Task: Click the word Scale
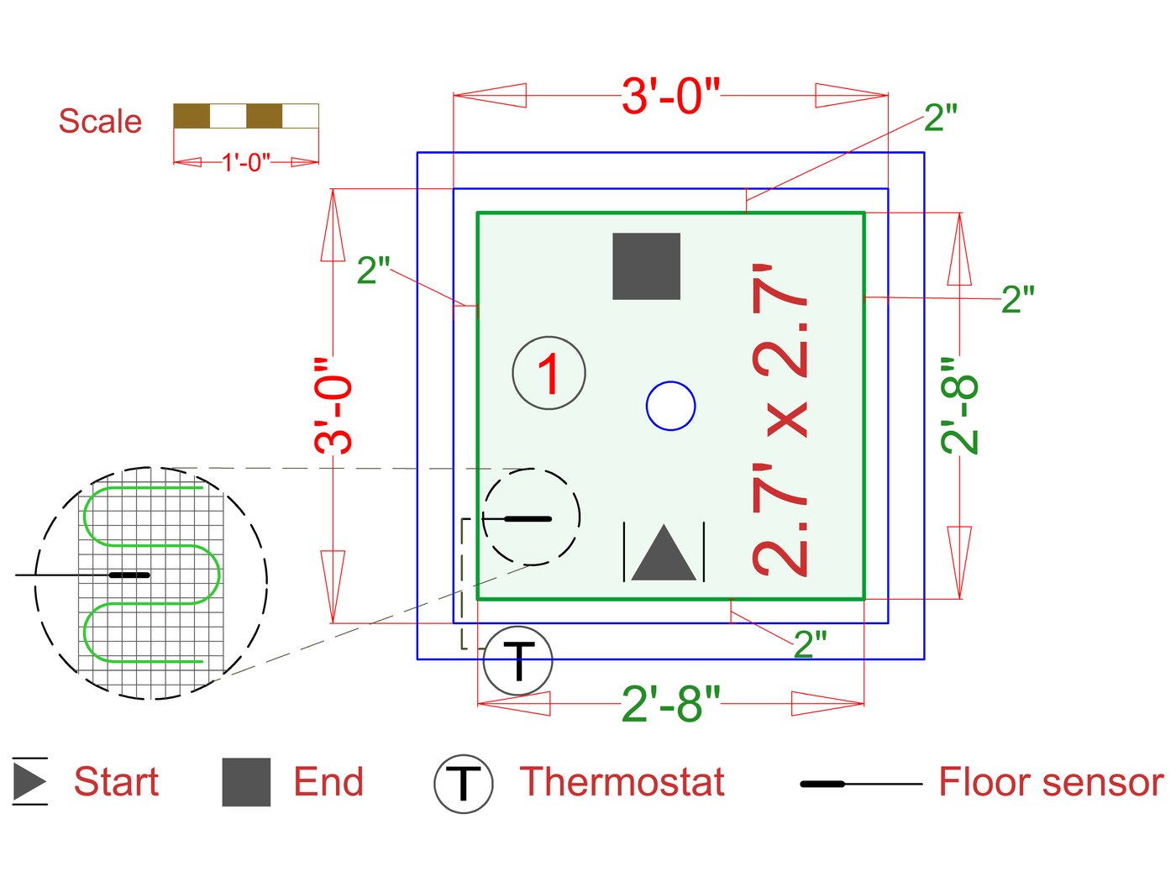(100, 122)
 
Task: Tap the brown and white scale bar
(246, 116)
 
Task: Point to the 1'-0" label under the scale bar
(246, 161)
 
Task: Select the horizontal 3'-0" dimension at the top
(670, 96)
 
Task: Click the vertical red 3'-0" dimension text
(334, 406)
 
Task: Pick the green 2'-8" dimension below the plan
(670, 704)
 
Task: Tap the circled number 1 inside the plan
(549, 373)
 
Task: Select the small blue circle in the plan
(670, 406)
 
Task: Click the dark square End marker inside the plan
(646, 266)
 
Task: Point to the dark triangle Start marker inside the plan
(664, 554)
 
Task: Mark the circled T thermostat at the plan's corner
(518, 660)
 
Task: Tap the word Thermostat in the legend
(622, 782)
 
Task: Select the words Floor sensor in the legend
(1051, 782)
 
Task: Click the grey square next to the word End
(246, 782)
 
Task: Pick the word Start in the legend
(116, 782)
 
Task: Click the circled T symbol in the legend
(463, 784)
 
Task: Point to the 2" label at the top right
(940, 118)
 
